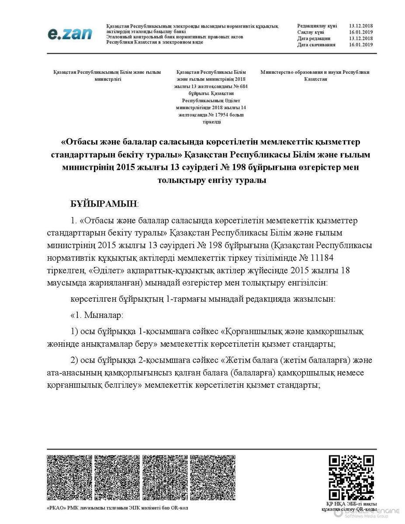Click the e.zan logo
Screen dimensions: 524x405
[70, 34]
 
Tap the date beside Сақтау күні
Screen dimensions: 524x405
[360, 32]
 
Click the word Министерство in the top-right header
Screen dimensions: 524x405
[279, 72]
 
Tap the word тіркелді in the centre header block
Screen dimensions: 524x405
[211, 122]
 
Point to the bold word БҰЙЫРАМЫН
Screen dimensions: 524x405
[104, 203]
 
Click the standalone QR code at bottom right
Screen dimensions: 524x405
[351, 477]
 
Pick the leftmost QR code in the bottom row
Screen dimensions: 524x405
[69, 477]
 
